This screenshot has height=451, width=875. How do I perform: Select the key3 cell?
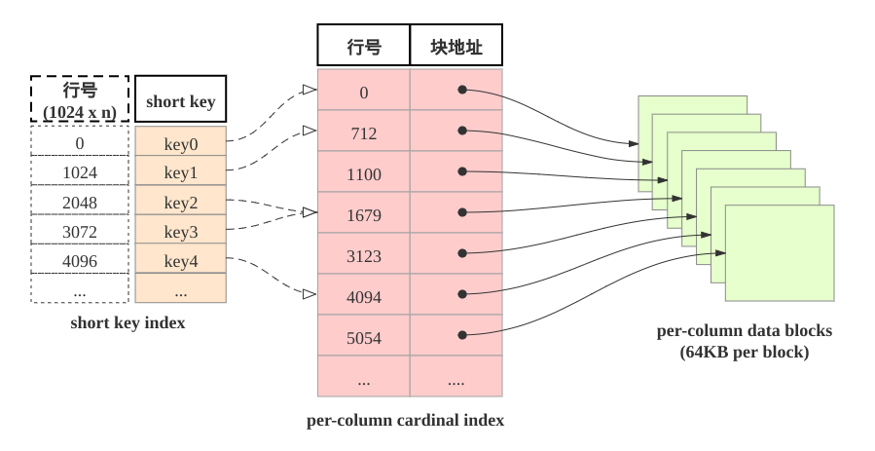point(181,230)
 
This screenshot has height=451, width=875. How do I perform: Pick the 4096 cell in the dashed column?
point(80,259)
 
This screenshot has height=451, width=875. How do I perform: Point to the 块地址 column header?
point(456,45)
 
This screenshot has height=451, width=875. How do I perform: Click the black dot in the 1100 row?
point(462,171)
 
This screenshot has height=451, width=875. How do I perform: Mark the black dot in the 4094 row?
point(462,294)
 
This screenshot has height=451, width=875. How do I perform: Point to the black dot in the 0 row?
point(462,90)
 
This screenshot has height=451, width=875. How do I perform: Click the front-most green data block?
point(780,253)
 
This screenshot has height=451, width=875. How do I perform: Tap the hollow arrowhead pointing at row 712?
point(310,131)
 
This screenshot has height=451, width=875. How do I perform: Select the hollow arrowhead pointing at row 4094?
point(310,294)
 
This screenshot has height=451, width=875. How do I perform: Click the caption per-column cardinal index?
point(405,420)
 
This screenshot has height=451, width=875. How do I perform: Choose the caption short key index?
point(128,322)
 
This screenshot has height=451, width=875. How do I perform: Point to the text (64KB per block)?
point(745,353)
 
